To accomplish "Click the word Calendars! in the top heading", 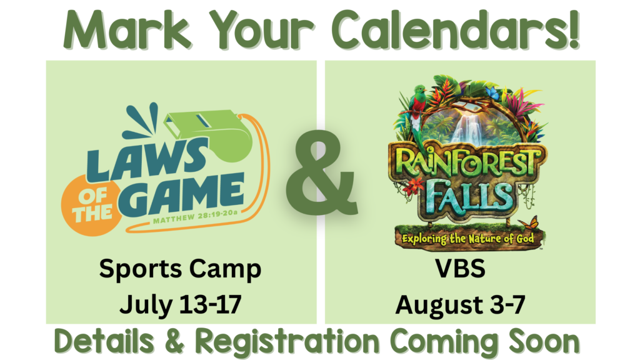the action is pos(456,30).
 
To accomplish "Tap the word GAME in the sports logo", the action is pos(182,195).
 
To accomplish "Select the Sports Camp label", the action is pos(180,270).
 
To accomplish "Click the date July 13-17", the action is pos(181,305).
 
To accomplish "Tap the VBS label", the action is pos(460,269).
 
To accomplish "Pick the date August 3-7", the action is pos(461,305).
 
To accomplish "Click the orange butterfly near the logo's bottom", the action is pos(528,223).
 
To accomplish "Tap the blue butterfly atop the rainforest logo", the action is pos(492,94).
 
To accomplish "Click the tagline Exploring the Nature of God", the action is pos(467,238).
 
